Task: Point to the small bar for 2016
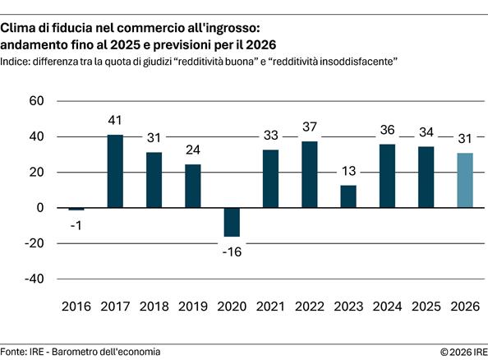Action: point(76,209)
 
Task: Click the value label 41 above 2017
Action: point(115,122)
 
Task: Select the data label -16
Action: point(232,250)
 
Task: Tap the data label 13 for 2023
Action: point(348,172)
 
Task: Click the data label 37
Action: point(309,127)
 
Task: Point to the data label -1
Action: point(76,224)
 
